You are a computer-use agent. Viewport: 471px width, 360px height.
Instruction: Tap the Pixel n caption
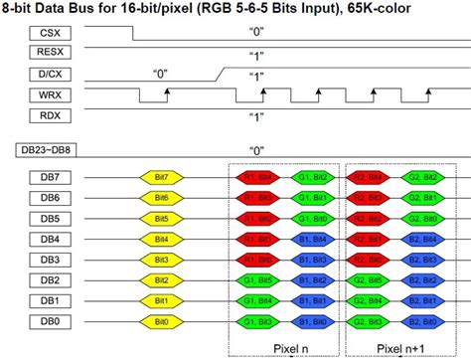tap(284, 347)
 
